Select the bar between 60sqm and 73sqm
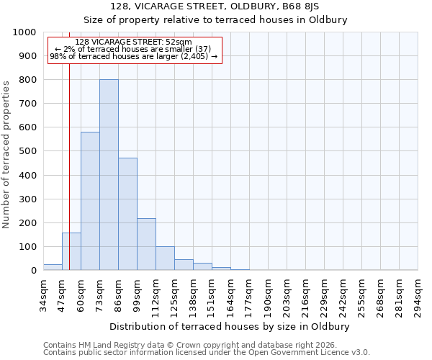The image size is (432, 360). coord(90,201)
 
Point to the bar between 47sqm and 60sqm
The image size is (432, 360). coord(71,251)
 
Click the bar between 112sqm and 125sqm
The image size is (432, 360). coord(165,258)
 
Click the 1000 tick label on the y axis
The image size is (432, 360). coord(24,32)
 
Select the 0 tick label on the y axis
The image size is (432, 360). coord(33,271)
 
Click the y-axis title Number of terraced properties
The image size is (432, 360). coord(6,154)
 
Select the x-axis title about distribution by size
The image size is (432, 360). coord(230,326)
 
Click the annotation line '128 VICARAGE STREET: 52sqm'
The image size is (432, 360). coord(133,42)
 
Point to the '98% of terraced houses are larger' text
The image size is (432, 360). coord(133,57)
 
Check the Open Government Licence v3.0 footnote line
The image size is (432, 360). coord(207,353)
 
